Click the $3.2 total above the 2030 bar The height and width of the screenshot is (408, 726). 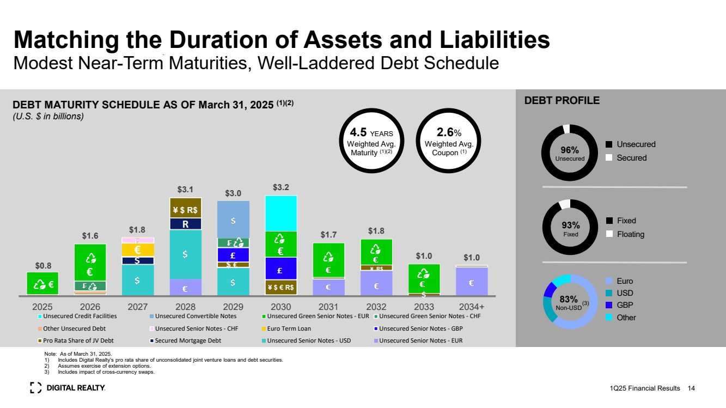[280, 188]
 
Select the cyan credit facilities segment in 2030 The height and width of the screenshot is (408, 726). [281, 213]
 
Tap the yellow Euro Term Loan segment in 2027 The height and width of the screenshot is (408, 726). [138, 250]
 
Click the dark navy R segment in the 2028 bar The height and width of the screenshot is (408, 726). [185, 223]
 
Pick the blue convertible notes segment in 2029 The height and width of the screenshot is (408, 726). [233, 219]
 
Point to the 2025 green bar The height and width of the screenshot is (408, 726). [42, 283]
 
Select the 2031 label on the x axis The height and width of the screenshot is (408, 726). [328, 306]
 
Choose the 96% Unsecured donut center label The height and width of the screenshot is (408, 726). [569, 153]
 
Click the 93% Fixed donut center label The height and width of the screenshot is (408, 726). [569, 228]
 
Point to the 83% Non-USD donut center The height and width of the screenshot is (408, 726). [570, 302]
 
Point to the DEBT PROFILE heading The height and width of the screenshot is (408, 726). [562, 101]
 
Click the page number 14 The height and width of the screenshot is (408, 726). [691, 388]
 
